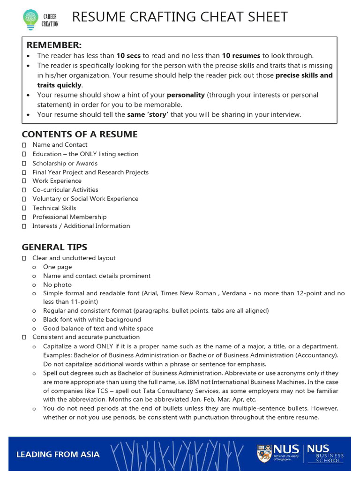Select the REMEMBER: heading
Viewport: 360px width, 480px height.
(x=54, y=45)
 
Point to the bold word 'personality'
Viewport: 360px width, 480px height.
(x=186, y=95)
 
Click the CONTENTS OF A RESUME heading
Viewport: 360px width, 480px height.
(x=80, y=135)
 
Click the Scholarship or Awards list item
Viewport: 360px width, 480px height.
(x=65, y=163)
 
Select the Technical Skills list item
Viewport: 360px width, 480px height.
(x=54, y=208)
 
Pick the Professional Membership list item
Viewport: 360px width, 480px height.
(x=69, y=217)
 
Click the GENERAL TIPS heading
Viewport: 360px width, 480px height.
(x=54, y=247)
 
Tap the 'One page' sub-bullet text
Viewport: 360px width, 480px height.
(x=58, y=267)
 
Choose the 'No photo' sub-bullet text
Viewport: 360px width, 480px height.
(x=57, y=285)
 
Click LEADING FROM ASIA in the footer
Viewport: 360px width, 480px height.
(x=58, y=454)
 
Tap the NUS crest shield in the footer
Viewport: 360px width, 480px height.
(x=264, y=453)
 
